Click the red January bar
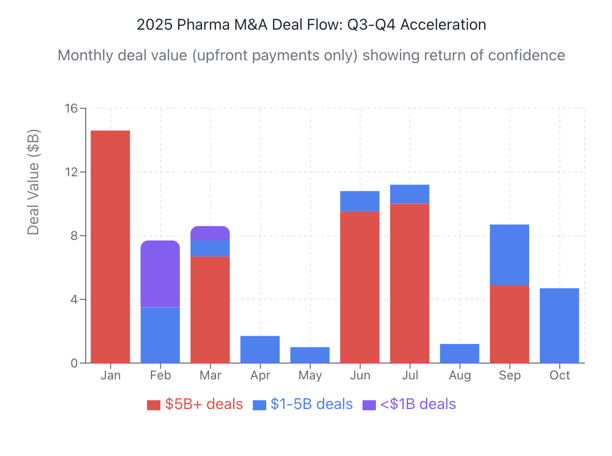(x=110, y=246)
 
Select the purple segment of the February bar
(x=160, y=274)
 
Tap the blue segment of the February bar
(x=160, y=335)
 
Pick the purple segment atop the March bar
(x=210, y=233)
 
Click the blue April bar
(x=260, y=349)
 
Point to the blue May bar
(x=310, y=355)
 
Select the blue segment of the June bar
(x=360, y=201)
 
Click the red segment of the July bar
(x=409, y=283)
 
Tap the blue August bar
(x=459, y=353)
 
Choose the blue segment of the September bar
(x=509, y=255)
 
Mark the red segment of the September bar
(x=509, y=324)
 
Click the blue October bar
(x=559, y=325)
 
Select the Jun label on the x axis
(x=360, y=375)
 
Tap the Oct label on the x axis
(x=559, y=375)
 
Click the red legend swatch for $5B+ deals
(x=153, y=405)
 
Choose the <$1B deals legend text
(x=418, y=404)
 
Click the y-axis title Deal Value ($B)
(x=33, y=182)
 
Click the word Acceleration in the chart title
(x=443, y=25)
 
